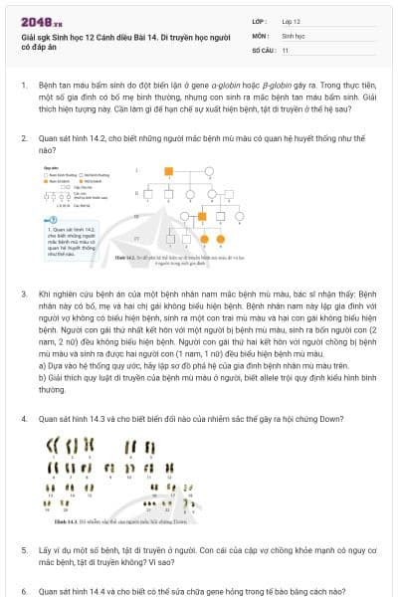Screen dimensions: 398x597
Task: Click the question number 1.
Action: point(24,87)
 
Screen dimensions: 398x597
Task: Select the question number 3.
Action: point(24,296)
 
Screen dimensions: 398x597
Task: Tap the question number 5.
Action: point(24,549)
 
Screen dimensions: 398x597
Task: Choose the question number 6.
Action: point(24,590)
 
